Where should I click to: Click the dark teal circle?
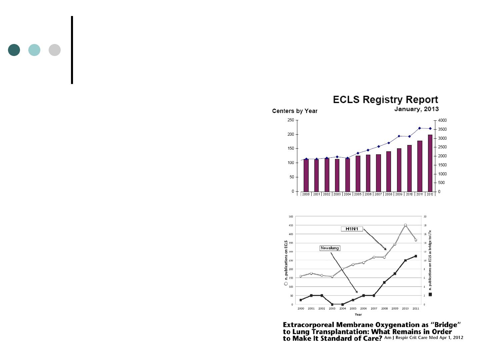(x=14, y=50)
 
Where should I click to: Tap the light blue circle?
(x=34, y=50)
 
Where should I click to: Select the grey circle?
(x=55, y=50)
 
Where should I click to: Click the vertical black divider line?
(x=72, y=50)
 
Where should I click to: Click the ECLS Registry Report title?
(x=386, y=100)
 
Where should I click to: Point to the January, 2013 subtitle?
(x=416, y=109)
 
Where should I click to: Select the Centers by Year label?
(x=295, y=111)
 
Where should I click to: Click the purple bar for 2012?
(x=430, y=163)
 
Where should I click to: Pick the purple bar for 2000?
(x=306, y=175)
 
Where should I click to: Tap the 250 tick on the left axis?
(x=291, y=120)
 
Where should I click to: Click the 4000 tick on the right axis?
(x=442, y=120)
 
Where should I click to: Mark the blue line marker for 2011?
(x=420, y=128)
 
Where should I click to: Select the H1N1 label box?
(x=352, y=229)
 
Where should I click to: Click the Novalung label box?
(x=330, y=248)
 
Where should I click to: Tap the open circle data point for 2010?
(x=405, y=225)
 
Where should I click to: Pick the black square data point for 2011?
(x=416, y=256)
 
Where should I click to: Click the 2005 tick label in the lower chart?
(x=353, y=309)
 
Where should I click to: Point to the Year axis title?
(x=358, y=314)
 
